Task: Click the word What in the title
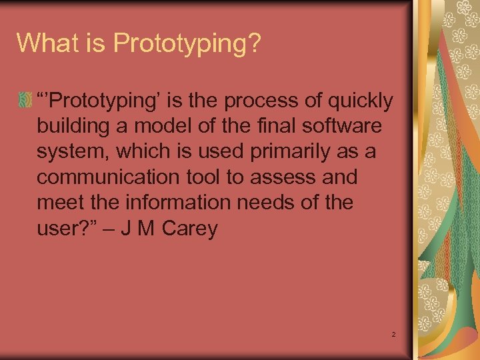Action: click(43, 43)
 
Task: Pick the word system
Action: click(73, 153)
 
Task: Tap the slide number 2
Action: click(394, 333)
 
